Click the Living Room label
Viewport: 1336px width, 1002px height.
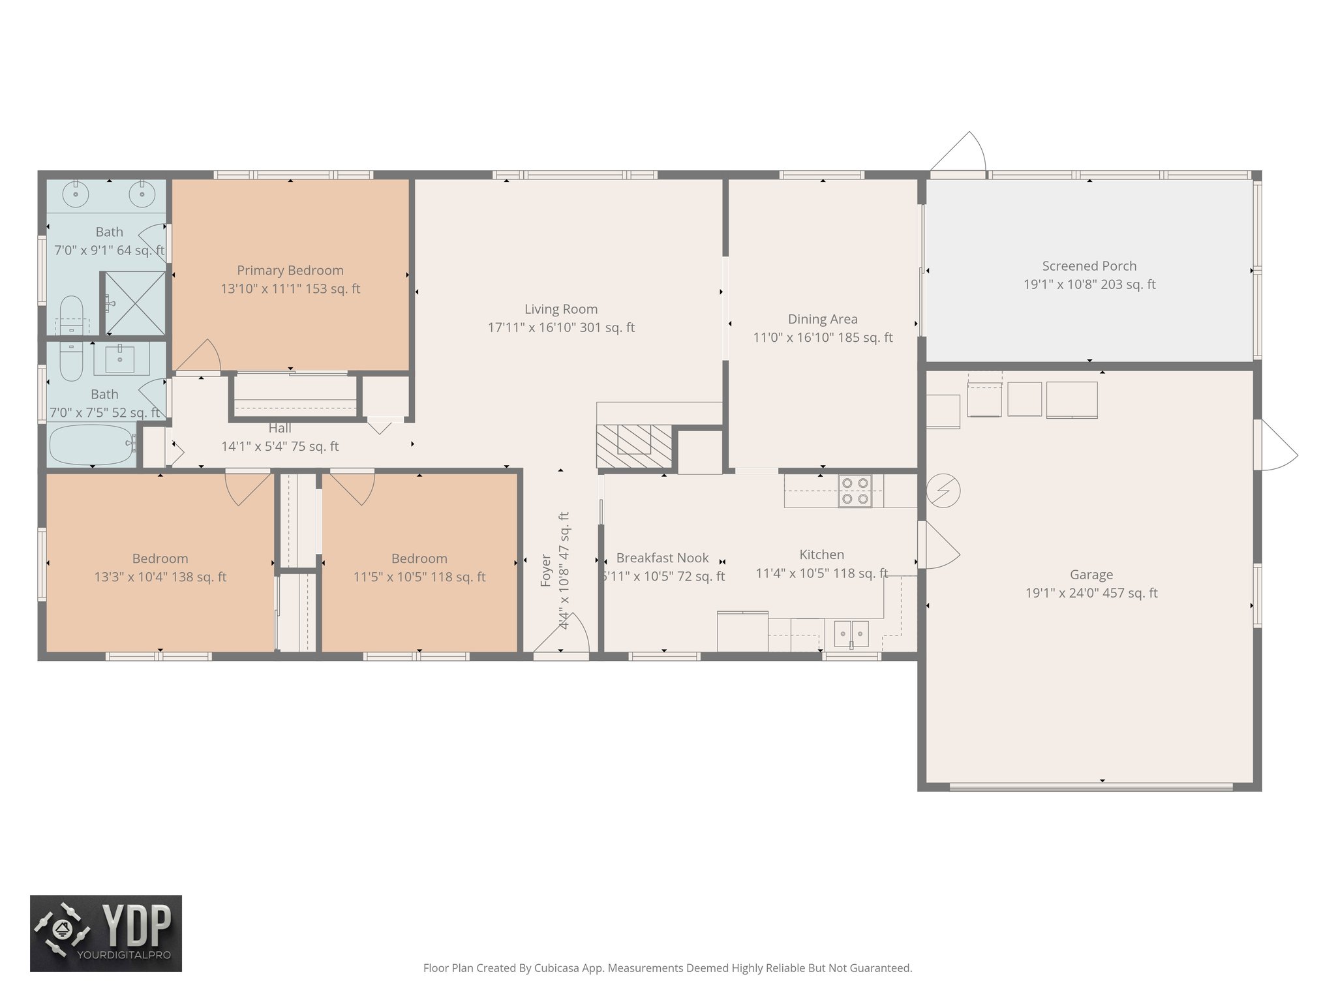click(561, 309)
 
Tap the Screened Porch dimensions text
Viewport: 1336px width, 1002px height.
click(1089, 284)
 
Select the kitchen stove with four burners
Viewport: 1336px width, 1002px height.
click(855, 491)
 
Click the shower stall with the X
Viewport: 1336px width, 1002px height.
click(135, 303)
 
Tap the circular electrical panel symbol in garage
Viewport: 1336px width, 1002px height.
click(943, 491)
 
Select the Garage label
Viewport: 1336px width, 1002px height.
click(1091, 575)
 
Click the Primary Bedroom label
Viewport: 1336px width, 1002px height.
click(290, 270)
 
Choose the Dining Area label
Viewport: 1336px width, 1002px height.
click(823, 319)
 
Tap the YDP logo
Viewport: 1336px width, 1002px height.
click(106, 933)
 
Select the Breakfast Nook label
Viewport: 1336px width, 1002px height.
click(662, 558)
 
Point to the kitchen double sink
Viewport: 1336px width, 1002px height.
click(851, 633)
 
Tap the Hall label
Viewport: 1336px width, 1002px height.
click(280, 428)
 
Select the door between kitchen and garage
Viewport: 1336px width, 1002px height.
click(938, 545)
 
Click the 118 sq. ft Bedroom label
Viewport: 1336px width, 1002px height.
click(419, 558)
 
